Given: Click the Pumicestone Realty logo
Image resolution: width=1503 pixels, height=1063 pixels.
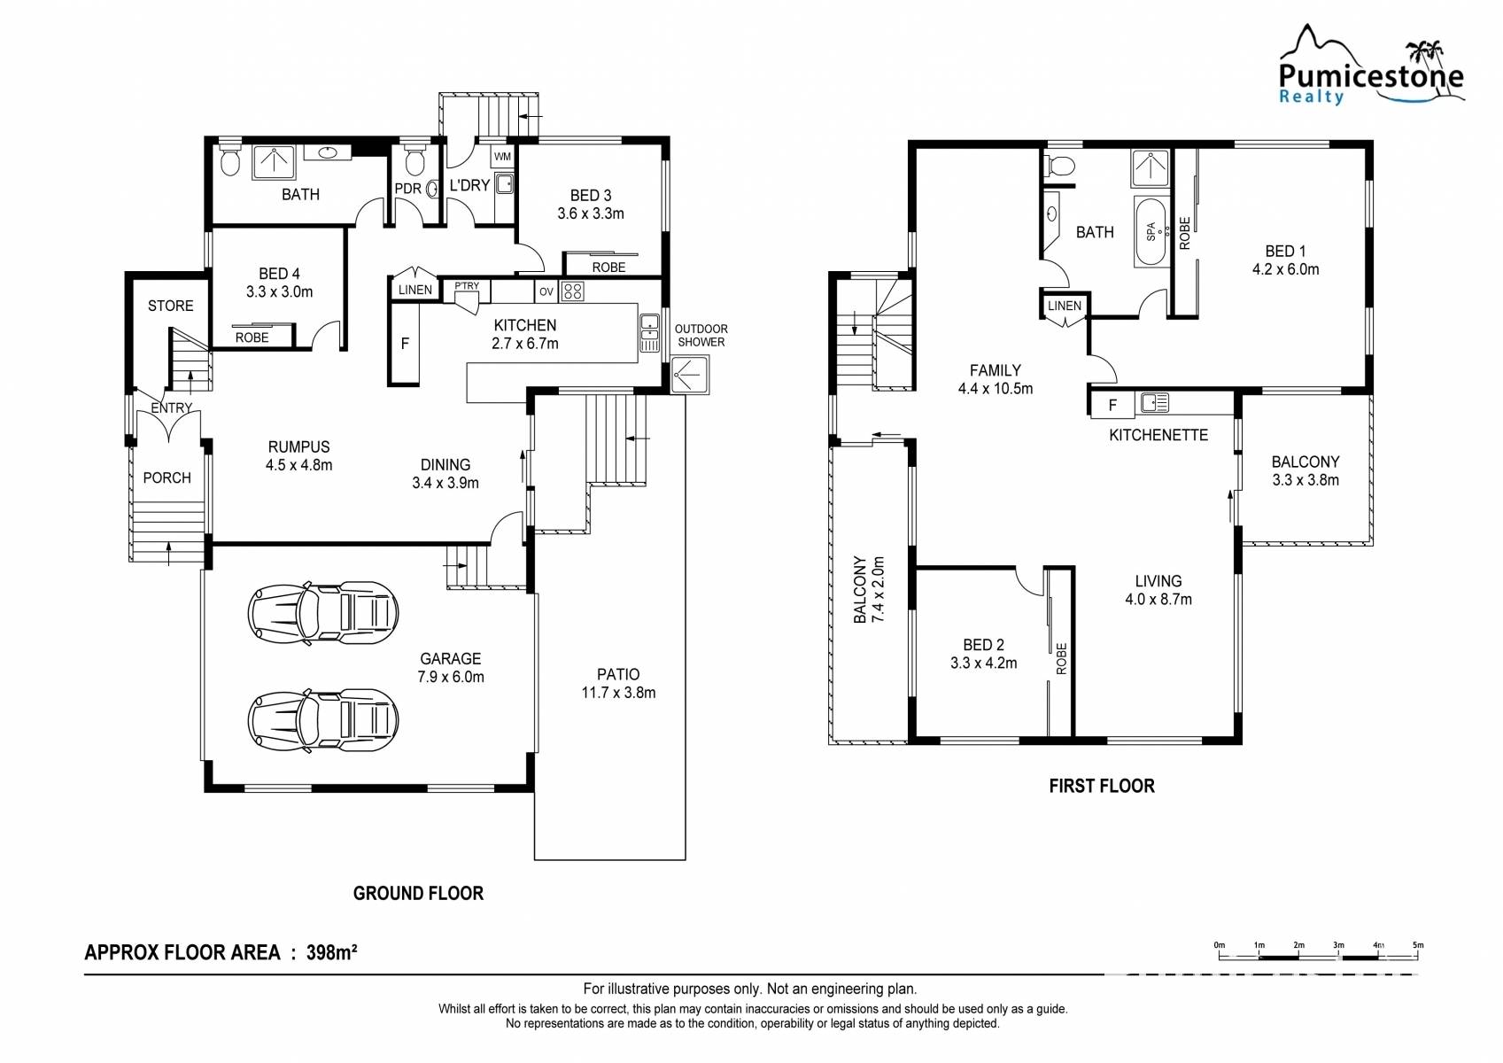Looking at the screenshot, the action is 1371,66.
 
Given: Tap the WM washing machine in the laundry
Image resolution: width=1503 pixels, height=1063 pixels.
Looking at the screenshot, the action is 502,157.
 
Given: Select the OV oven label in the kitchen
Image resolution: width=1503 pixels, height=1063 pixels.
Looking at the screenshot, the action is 546,291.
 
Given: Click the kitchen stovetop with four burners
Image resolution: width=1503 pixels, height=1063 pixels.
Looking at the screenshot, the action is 572,291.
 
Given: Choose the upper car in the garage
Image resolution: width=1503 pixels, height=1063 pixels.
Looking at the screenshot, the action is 322,613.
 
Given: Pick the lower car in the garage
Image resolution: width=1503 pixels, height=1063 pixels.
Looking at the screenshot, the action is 322,720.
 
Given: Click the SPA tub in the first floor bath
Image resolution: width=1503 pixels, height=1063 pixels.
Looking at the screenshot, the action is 1151,231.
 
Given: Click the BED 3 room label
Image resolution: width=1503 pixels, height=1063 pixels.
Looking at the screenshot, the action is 591,195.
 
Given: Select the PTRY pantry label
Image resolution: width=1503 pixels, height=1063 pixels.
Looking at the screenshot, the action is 467,286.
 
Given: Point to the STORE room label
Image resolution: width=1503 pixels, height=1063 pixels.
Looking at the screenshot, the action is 170,306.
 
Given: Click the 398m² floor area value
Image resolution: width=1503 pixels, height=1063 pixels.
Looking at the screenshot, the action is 331,952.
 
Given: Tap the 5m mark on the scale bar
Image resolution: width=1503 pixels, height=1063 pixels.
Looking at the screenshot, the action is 1417,945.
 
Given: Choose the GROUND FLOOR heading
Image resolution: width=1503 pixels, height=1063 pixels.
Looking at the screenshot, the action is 418,893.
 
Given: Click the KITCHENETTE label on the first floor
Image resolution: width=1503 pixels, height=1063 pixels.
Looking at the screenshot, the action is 1158,435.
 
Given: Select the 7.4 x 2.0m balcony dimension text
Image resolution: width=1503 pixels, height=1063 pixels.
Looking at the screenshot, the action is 878,589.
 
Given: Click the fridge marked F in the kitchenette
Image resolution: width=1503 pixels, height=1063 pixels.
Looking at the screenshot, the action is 1112,405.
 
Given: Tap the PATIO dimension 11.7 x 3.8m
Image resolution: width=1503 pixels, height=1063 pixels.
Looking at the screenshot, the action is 618,693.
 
